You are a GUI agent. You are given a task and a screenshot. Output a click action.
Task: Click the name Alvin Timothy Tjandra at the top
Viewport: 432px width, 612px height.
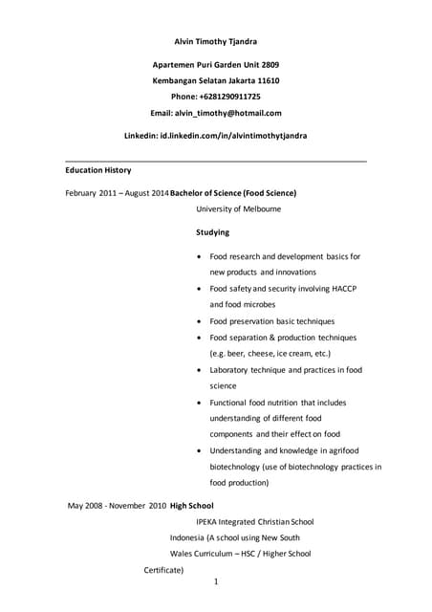click(215, 41)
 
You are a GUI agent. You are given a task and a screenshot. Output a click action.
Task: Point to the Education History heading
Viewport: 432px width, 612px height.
click(97, 170)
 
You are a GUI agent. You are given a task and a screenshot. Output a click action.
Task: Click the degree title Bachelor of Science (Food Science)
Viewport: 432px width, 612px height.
click(232, 192)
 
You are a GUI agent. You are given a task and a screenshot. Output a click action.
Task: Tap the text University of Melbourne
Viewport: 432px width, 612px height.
click(238, 208)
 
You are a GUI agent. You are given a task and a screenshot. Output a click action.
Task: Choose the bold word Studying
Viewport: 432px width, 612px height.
click(212, 232)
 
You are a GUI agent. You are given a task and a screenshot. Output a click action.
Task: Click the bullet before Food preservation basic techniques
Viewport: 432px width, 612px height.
click(198, 322)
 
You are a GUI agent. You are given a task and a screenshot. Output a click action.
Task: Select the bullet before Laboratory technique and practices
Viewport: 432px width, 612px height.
click(198, 370)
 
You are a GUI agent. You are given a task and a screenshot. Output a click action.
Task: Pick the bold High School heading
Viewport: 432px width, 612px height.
click(192, 505)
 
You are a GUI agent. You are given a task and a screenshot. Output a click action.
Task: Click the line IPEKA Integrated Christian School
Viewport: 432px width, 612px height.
click(255, 521)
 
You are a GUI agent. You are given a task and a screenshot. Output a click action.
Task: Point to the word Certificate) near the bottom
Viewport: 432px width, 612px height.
click(163, 570)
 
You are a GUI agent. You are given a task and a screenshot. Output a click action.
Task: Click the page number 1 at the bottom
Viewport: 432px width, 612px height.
click(217, 581)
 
